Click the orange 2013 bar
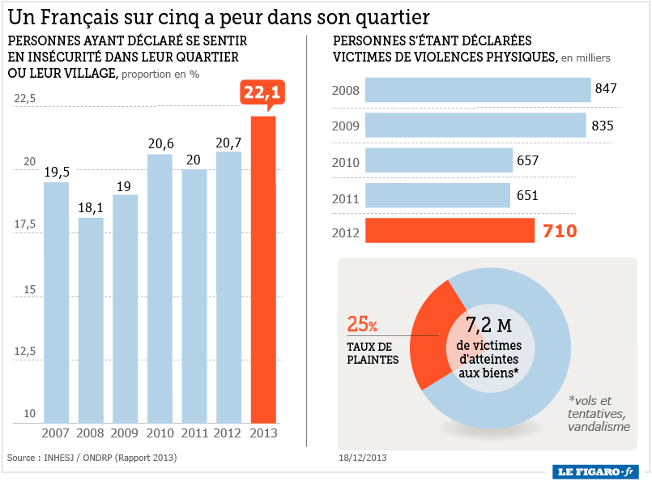tap(263, 270)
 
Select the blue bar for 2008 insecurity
tap(91, 320)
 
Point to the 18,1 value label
tap(91, 207)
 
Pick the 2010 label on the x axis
tap(160, 433)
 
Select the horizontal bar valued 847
tap(477, 89)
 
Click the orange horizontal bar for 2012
tap(450, 231)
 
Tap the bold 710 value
tap(560, 232)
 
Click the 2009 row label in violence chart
tap(345, 126)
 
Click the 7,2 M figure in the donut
tap(489, 326)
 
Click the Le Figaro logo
tap(595, 471)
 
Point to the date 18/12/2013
tap(363, 458)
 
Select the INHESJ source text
tap(68, 458)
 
